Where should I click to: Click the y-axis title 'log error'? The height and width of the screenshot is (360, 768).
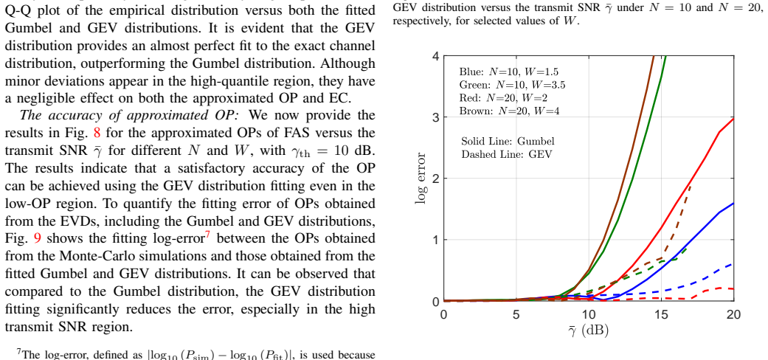tap(421, 178)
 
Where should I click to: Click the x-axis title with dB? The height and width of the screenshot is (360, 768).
tap(588, 330)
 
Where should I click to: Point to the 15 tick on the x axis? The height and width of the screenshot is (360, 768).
tap(661, 314)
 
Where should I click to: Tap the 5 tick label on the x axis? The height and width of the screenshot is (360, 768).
tap(516, 314)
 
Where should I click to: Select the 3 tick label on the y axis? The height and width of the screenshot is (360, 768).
tap(436, 117)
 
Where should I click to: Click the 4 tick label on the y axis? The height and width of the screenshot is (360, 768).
tap(436, 56)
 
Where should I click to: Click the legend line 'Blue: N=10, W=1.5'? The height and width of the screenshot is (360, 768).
tap(509, 72)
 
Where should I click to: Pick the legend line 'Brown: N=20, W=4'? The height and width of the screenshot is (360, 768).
tap(509, 111)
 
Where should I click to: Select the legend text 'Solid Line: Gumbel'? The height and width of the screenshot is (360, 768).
tap(508, 142)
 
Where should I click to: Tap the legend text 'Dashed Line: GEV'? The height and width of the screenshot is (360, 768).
tap(506, 154)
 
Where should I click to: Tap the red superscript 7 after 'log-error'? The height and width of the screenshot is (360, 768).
tap(207, 235)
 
